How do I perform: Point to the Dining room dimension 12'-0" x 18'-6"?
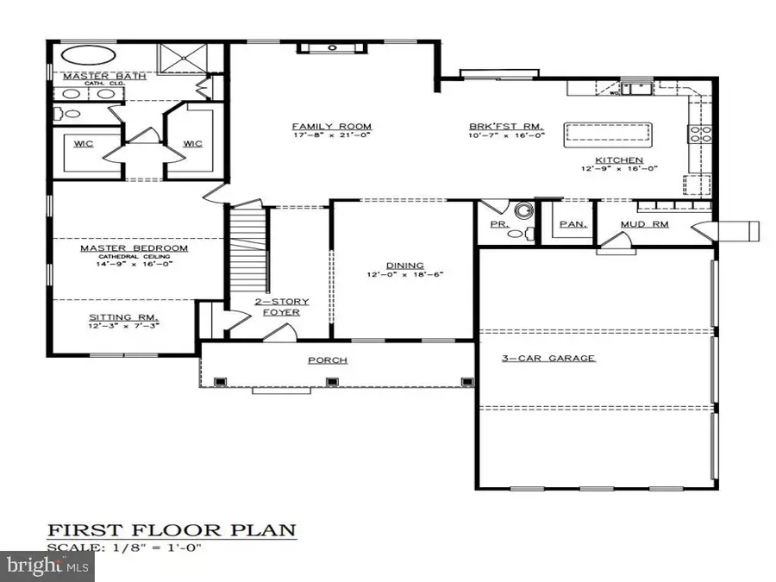pyautogui.click(x=404, y=275)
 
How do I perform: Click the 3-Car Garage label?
pyautogui.click(x=548, y=358)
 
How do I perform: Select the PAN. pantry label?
pyautogui.click(x=573, y=224)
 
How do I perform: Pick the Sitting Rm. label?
pyautogui.click(x=123, y=316)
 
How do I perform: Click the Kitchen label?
pyautogui.click(x=617, y=160)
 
